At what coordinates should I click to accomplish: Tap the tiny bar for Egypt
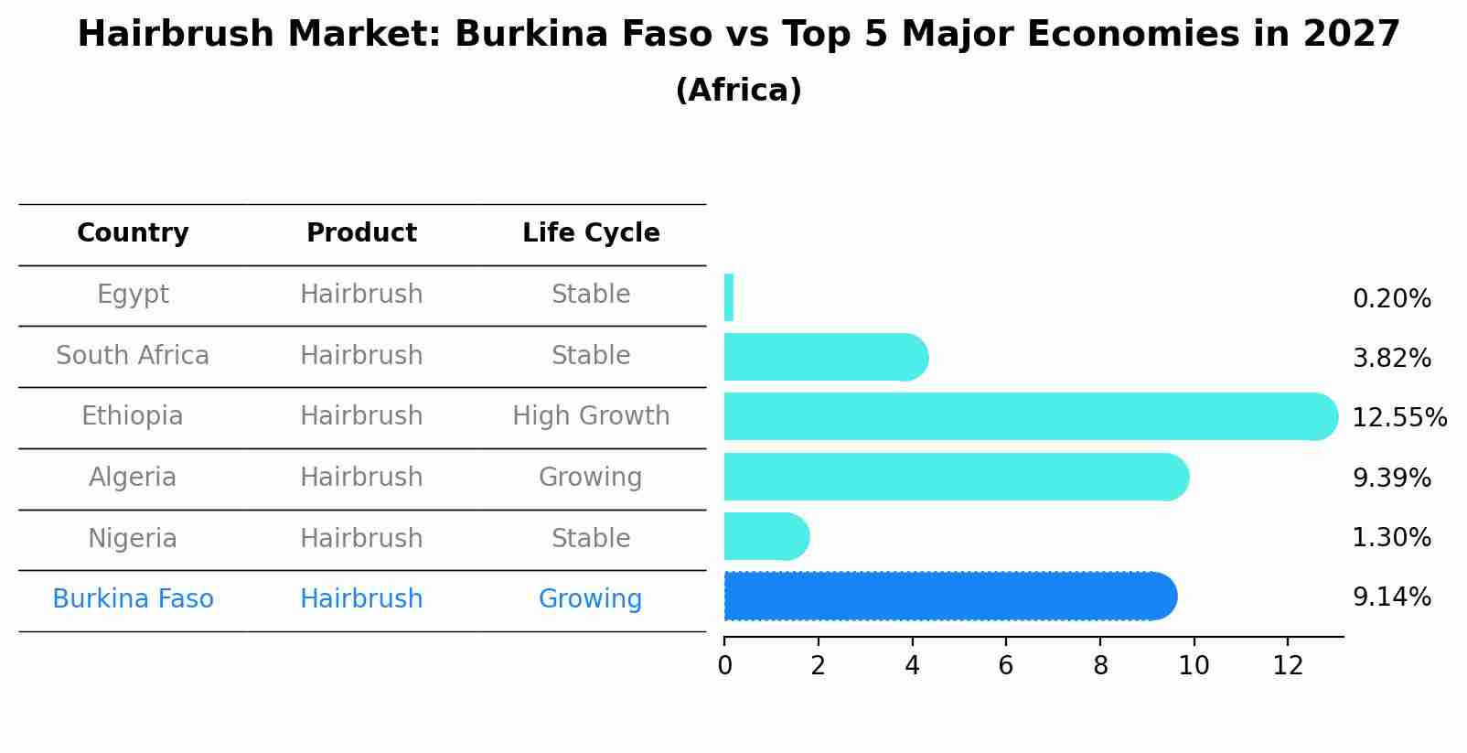729,297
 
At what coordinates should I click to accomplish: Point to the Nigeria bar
765,536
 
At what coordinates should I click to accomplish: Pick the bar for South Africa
823,357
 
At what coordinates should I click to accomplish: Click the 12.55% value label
1398,418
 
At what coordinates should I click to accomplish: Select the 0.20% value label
1391,299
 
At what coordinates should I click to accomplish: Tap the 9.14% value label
1391,597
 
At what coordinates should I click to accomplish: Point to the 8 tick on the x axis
1100,666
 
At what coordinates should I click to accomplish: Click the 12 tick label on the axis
1288,666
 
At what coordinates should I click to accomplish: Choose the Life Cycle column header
591,233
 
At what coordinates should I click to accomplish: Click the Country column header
133,233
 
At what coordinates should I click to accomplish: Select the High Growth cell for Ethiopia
591,416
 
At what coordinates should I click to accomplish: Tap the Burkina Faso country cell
133,599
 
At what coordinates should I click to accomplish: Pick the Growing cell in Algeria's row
590,478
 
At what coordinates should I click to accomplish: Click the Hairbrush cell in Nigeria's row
361,538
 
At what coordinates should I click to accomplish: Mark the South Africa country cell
133,355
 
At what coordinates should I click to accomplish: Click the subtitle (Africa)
738,91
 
